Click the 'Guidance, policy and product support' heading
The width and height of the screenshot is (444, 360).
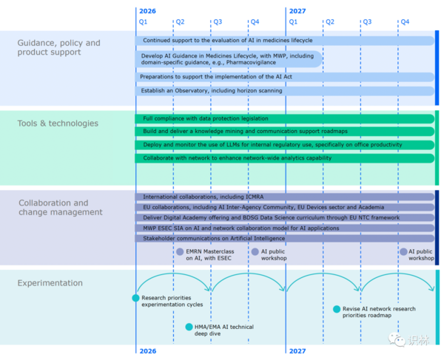click(59, 47)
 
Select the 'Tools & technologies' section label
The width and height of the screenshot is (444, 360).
click(58, 123)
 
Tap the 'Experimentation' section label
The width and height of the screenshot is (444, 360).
click(50, 283)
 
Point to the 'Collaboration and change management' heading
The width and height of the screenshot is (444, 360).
click(61, 207)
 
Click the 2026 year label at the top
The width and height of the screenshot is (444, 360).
click(147, 11)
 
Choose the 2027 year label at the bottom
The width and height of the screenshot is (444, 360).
click(297, 351)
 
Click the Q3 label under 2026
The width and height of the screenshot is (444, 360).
click(218, 21)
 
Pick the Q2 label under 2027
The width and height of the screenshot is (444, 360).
click(330, 21)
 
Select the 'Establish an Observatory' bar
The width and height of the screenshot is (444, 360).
click(285, 91)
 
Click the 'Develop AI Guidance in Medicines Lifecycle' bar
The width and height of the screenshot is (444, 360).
click(229, 59)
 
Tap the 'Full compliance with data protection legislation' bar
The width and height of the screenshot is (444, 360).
click(285, 119)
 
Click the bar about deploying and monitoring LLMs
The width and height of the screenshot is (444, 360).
click(285, 145)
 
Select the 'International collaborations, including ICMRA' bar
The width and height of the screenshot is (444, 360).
click(285, 197)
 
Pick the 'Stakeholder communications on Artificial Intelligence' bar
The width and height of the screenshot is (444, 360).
click(285, 238)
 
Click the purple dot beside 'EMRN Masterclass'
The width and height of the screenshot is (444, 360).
click(180, 251)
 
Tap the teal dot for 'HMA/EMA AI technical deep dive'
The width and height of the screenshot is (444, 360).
click(189, 327)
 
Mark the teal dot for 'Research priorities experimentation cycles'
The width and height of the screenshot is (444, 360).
click(135, 298)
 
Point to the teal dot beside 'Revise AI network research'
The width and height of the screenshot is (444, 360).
click(337, 309)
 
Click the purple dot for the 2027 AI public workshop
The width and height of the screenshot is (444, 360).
click(403, 251)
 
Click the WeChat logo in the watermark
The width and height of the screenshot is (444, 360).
click(397, 339)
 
